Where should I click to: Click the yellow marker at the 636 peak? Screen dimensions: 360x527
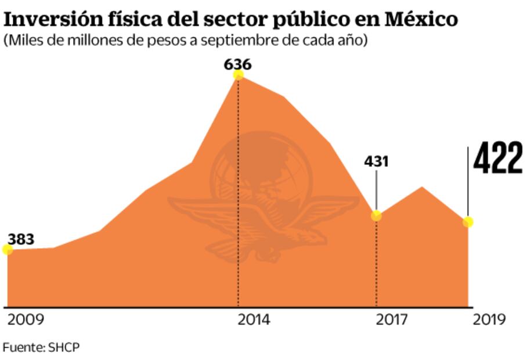pos(238,74)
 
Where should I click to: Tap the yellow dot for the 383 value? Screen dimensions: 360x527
pos(8,250)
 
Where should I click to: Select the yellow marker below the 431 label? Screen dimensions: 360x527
pos(376,215)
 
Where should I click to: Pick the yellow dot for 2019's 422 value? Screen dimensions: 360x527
pos(468,222)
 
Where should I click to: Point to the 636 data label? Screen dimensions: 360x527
pos(238,63)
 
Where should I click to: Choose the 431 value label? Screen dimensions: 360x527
pos(376,161)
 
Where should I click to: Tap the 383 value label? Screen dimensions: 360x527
pos(21,239)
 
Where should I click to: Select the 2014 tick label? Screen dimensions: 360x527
pos(253,320)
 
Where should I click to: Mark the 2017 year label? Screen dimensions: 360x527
pos(391,320)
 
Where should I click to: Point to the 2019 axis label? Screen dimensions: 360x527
pos(489,320)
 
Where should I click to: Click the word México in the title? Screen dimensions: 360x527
pos(419,19)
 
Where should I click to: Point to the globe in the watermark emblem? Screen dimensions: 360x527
pos(261,168)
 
